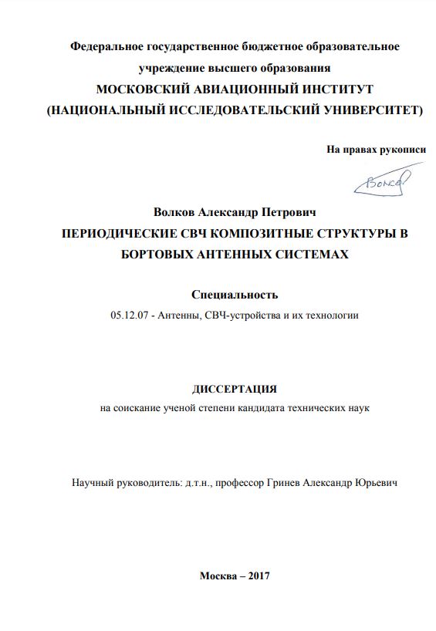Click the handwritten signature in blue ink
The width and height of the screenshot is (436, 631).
[381, 182]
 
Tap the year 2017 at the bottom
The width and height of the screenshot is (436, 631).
[255, 575]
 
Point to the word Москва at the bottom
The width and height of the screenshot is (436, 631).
[219, 575]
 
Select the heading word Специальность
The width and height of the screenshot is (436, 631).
[234, 294]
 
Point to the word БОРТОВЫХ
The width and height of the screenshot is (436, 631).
[158, 254]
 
